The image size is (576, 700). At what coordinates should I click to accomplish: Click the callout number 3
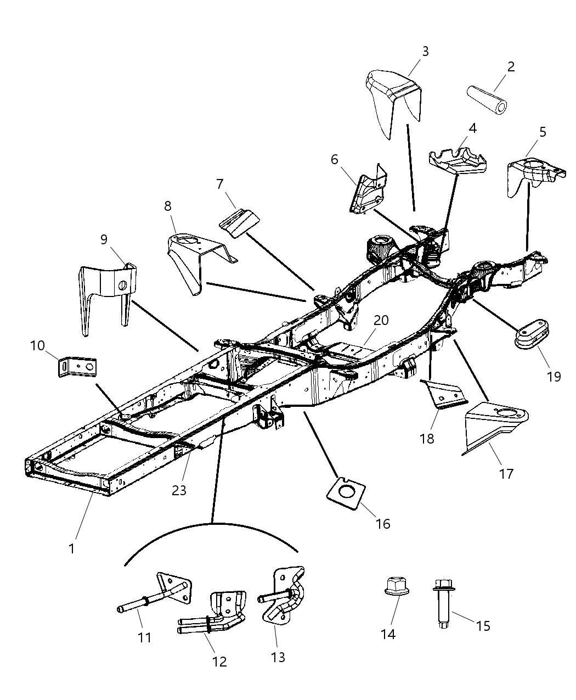[x=425, y=52]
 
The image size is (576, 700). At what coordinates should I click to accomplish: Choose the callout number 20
[x=381, y=320]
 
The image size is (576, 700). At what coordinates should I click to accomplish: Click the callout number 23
[x=179, y=490]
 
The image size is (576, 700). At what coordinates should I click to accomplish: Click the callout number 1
[x=71, y=548]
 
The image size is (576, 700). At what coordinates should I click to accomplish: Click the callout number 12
[x=219, y=662]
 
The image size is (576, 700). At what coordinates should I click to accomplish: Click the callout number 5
[x=543, y=132]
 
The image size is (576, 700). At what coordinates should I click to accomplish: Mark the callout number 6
[x=334, y=160]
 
